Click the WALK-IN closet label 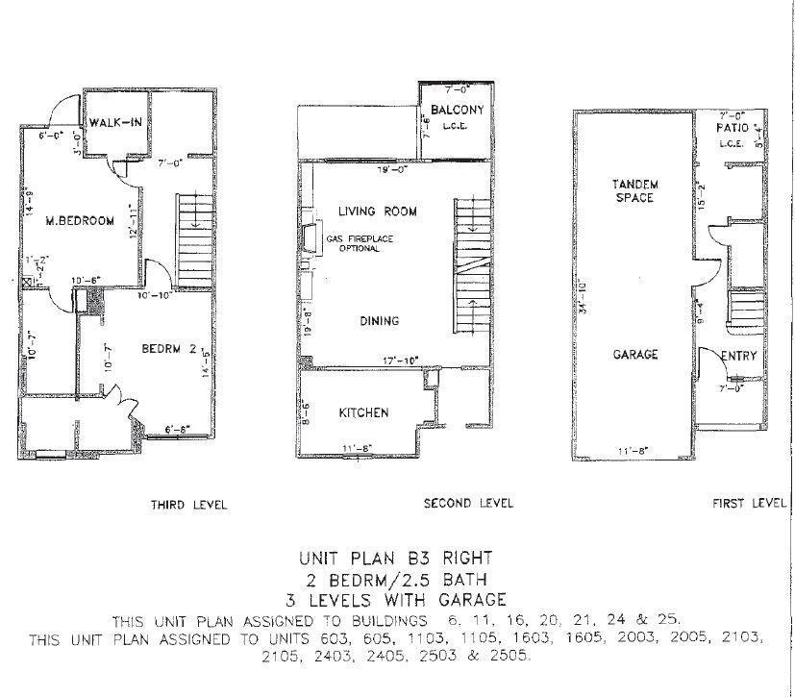tap(117, 122)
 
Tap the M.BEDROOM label tap(80, 221)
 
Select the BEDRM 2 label tap(169, 348)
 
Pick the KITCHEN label tap(363, 413)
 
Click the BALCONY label tap(458, 111)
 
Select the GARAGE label tap(635, 355)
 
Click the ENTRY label tap(739, 357)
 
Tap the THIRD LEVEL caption tap(188, 504)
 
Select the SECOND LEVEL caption tap(469, 503)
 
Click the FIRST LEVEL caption tap(749, 503)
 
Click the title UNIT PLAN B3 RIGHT tap(398, 558)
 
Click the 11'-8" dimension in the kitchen tap(358, 448)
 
